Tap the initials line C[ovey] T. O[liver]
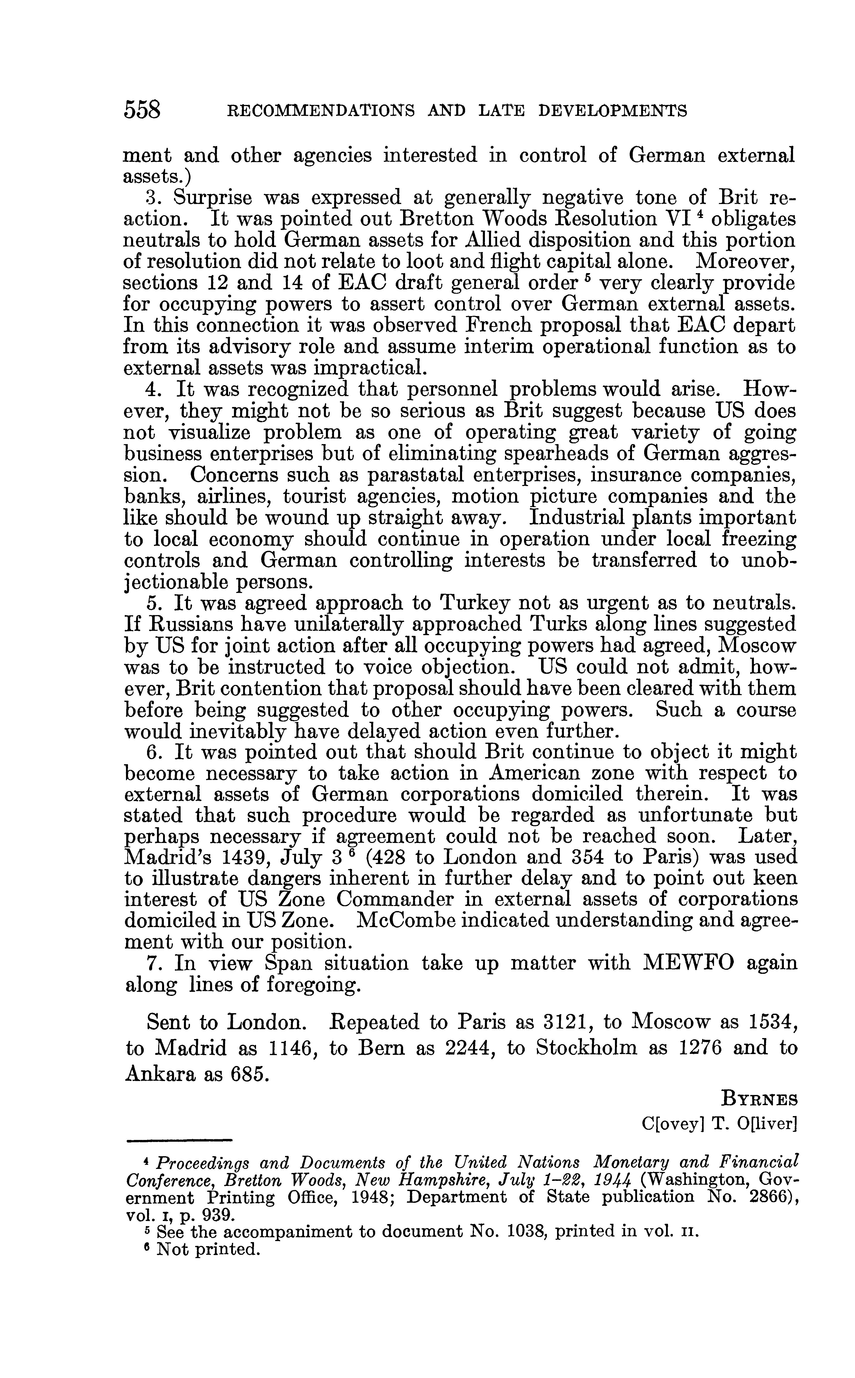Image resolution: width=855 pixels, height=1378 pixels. [719, 1123]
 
